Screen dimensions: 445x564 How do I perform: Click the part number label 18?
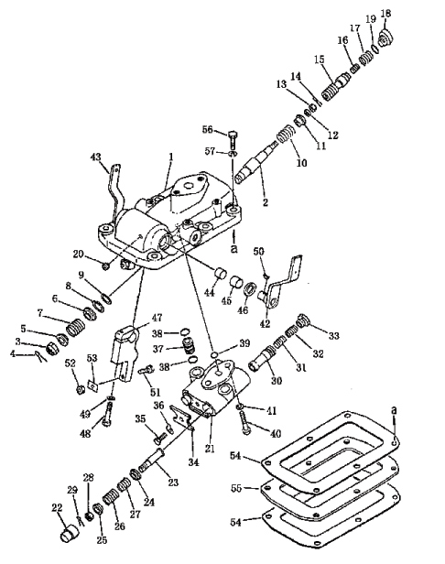385,14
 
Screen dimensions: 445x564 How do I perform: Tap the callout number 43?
96,157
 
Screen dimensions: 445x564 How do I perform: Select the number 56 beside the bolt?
208,129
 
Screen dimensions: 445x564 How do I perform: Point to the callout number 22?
57,508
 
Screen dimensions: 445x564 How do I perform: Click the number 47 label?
157,318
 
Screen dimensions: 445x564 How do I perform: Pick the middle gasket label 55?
236,489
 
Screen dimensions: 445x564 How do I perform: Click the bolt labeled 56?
232,140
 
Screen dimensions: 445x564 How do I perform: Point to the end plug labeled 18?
385,38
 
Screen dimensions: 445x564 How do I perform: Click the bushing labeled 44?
221,274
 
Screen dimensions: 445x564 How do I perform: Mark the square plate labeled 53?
93,385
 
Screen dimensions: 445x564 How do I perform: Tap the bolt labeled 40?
244,423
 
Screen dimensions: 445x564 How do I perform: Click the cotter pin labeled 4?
40,357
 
